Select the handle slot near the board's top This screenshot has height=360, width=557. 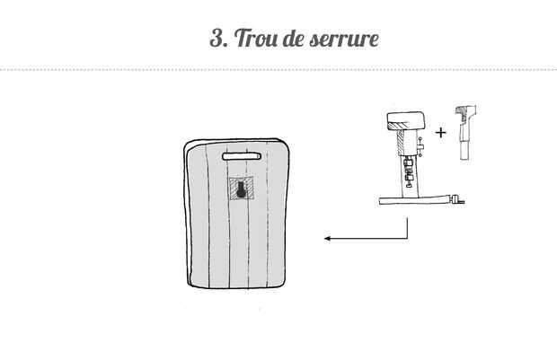coord(243,157)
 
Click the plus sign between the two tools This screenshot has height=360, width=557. coord(440,133)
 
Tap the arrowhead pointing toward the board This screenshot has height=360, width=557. coord(329,239)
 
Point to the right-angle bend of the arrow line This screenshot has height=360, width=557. coord(409,239)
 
